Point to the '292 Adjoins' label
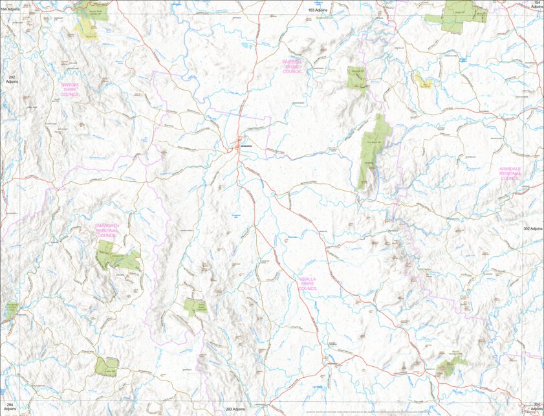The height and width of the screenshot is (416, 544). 11,80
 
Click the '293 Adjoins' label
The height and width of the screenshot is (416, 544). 235,410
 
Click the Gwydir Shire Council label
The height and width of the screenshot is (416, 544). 70,89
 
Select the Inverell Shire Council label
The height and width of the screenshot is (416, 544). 292,67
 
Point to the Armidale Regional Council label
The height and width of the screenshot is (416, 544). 510,173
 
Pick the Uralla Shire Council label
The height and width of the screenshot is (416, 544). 308,284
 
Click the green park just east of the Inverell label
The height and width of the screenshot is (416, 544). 356,78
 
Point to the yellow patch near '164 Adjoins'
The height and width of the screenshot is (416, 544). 83,27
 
